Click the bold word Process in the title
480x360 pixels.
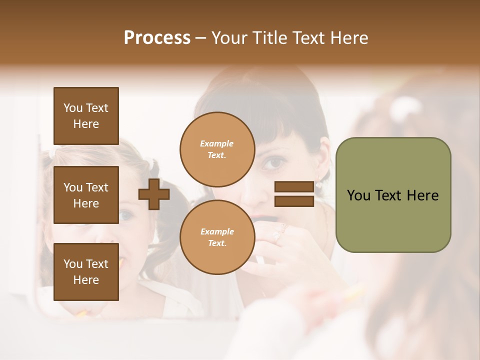(157, 38)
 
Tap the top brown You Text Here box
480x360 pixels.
(86, 116)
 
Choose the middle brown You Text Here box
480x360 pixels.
(86, 195)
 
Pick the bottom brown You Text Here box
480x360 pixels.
(86, 271)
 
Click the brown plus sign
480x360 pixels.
(154, 194)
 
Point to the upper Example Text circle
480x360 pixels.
(217, 149)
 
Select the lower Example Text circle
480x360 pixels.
(217, 237)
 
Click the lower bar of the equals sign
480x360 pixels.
(294, 201)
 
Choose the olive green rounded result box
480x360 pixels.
(393, 195)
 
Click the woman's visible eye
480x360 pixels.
(275, 162)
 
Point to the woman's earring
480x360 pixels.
(318, 184)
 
